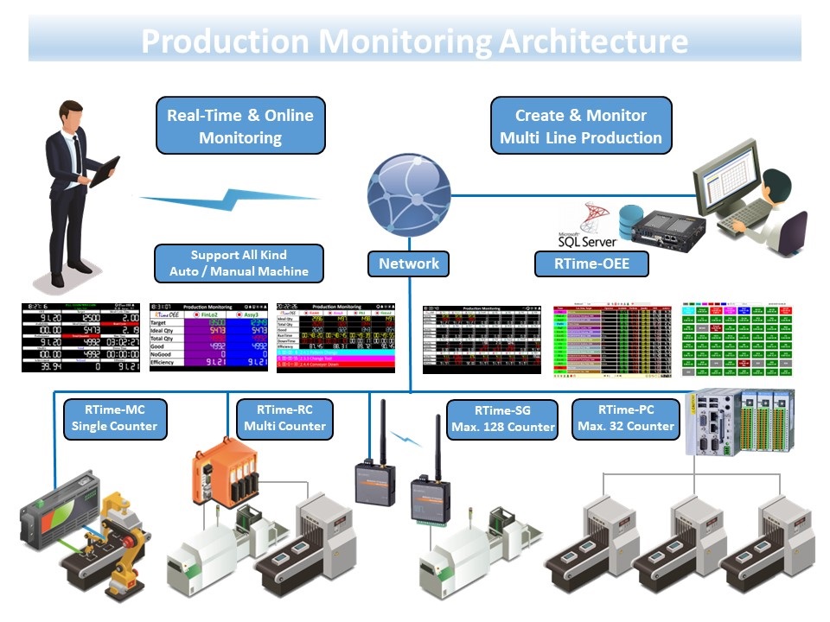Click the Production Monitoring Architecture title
tap(415, 41)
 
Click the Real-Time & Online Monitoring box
tap(240, 126)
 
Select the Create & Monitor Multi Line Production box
tap(581, 126)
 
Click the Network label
tap(409, 263)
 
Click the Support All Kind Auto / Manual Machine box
tap(239, 263)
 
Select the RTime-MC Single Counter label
tap(114, 417)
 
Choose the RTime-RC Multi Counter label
tap(284, 417)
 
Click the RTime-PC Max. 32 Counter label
tap(624, 417)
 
